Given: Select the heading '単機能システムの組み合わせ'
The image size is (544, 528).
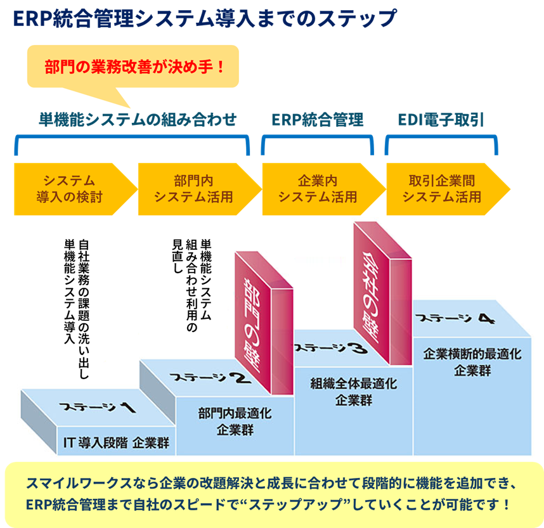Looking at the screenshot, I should point(138,119).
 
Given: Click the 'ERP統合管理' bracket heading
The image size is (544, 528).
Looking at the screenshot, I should point(318,119).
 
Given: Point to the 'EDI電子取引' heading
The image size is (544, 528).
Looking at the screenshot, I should point(441,119).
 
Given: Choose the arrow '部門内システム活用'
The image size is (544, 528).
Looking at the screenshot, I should point(193,188).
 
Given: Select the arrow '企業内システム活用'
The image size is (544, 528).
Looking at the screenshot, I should point(318,188).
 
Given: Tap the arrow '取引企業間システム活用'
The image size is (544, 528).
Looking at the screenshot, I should point(442,188).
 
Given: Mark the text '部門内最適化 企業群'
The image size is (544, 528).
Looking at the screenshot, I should point(235,422).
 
